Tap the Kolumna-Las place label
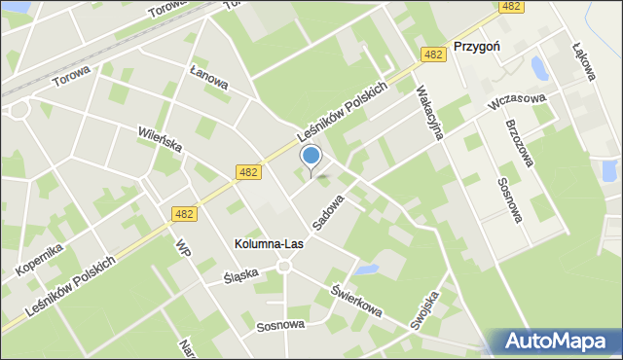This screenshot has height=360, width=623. pyautogui.click(x=270, y=243)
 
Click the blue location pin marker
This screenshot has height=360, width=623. pyautogui.click(x=311, y=158)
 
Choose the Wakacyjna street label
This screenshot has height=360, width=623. pyautogui.click(x=428, y=113)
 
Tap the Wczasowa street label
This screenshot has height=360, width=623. pyautogui.click(x=520, y=104)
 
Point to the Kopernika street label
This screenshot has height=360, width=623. pyautogui.click(x=40, y=259)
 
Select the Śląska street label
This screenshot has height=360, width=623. pyautogui.click(x=241, y=274)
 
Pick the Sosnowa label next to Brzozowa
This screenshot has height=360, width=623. pyautogui.click(x=510, y=199)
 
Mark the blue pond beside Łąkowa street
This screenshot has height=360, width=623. pyautogui.click(x=538, y=68)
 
